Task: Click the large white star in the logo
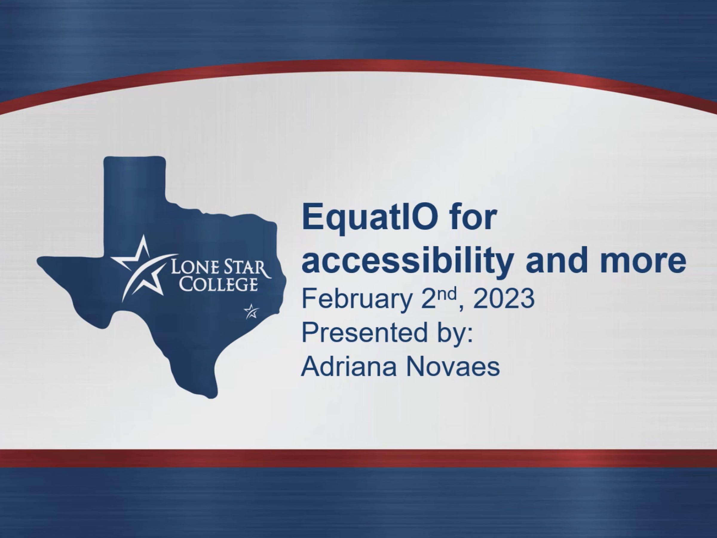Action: pos(143,269)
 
